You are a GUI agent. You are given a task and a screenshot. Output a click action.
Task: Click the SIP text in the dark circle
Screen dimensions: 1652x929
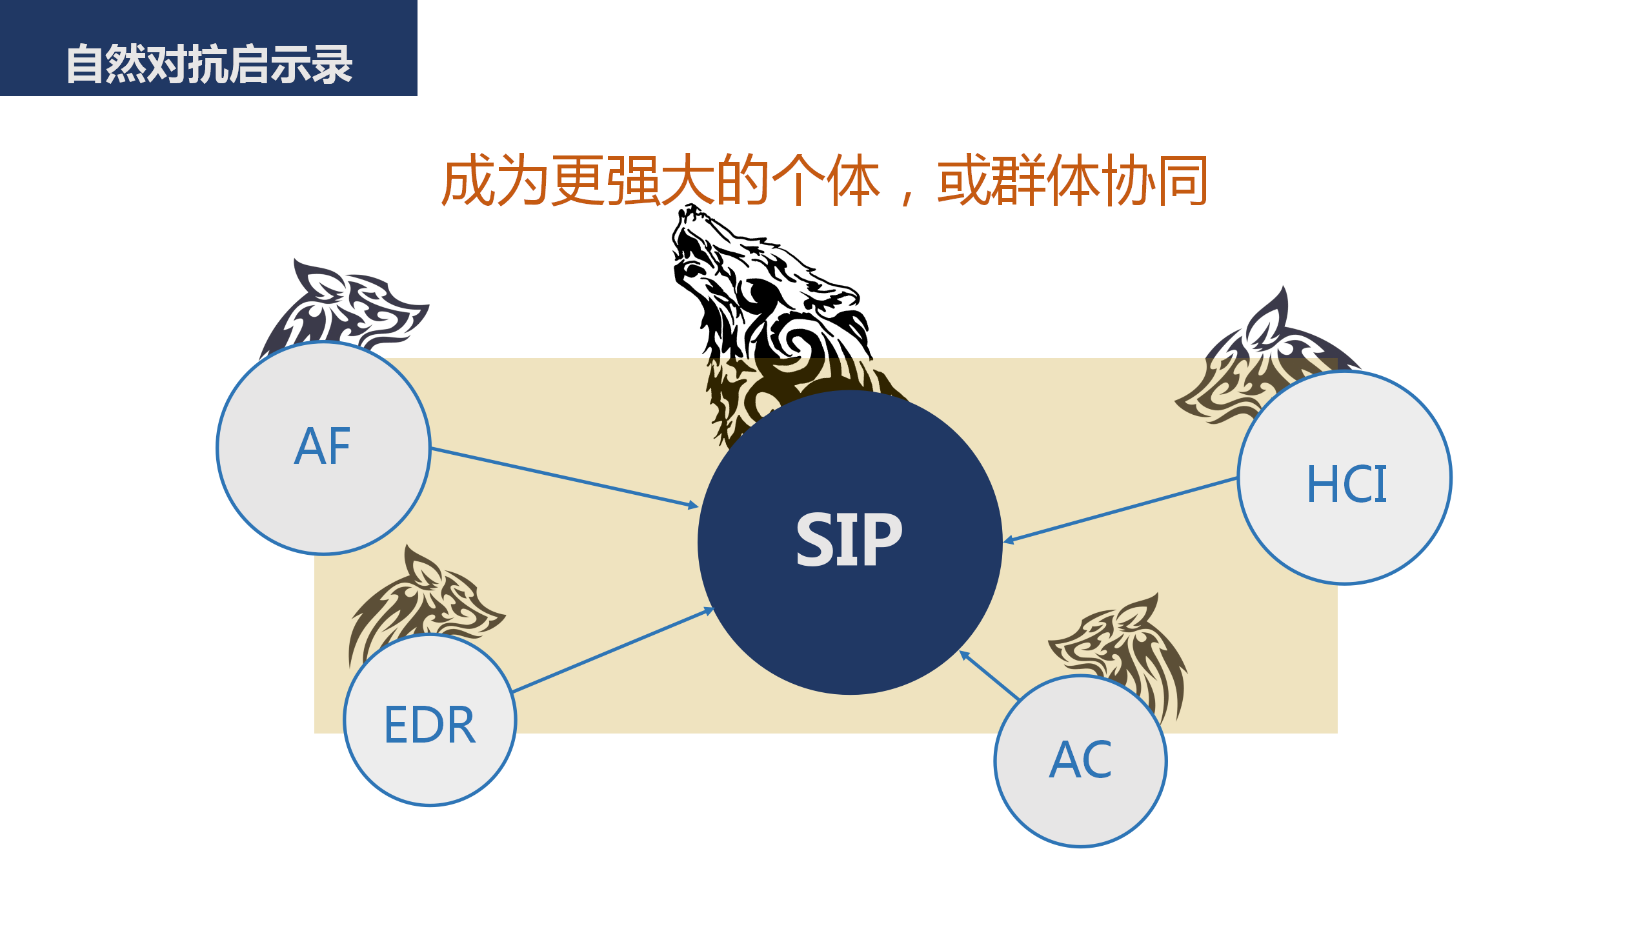[849, 540]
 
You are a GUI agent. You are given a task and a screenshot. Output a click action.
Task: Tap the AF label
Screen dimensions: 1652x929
[323, 446]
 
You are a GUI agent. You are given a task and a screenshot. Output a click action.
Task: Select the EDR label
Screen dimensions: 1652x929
[430, 724]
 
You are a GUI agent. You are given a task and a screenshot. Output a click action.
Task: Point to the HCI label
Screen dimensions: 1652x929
[1346, 483]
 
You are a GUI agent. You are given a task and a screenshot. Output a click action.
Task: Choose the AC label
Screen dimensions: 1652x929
[1080, 759]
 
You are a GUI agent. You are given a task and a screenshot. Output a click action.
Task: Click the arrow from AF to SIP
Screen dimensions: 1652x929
[565, 477]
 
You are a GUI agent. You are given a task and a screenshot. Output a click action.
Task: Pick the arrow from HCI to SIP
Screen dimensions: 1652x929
[1120, 510]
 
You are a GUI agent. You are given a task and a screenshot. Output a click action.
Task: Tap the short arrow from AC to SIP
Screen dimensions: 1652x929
[989, 675]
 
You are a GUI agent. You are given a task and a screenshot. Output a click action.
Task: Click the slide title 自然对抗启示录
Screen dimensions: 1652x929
[209, 64]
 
